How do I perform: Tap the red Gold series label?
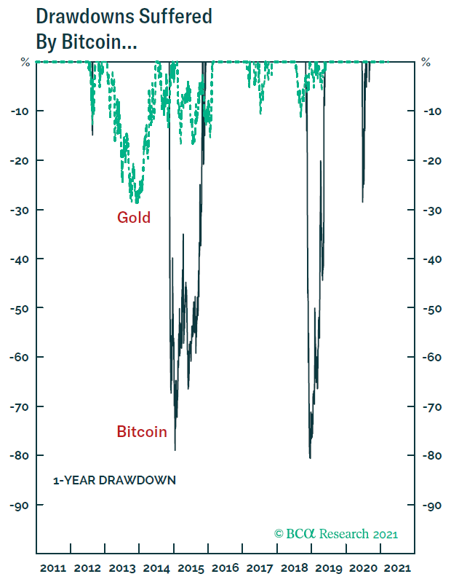(x=134, y=217)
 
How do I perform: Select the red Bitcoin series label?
(x=142, y=432)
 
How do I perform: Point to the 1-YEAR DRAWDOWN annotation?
(x=114, y=481)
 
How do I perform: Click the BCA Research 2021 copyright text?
(x=336, y=534)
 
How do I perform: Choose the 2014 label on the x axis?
(x=156, y=567)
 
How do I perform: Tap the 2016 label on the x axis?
(x=225, y=567)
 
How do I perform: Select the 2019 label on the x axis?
(x=328, y=567)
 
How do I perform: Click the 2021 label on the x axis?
(x=396, y=567)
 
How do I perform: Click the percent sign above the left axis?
(x=25, y=63)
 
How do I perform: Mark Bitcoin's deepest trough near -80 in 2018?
(x=310, y=457)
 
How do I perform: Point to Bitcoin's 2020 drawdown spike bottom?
(x=362, y=202)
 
